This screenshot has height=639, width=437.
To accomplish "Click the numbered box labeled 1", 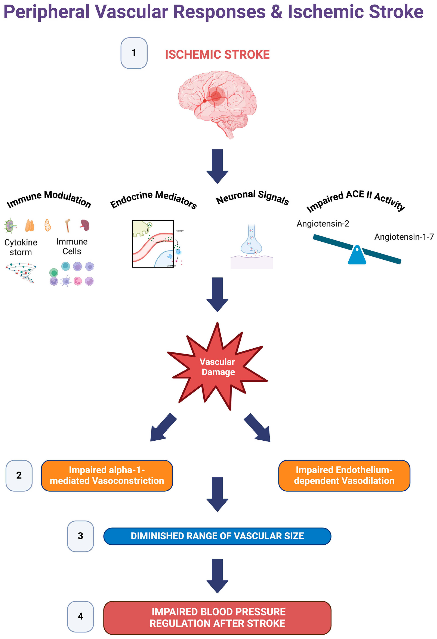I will point(134,53).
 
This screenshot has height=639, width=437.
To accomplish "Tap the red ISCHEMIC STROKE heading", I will point(217,54).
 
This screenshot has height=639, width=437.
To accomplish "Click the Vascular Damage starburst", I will point(217,367).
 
